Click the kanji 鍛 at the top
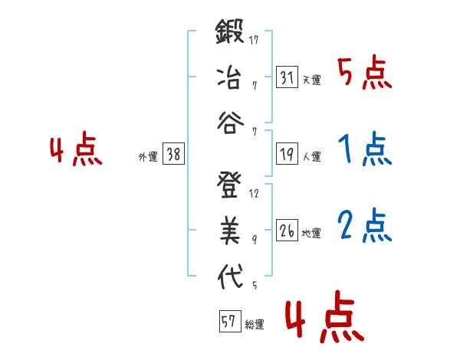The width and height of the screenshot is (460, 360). [x=229, y=35]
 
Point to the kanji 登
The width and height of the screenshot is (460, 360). [x=229, y=187]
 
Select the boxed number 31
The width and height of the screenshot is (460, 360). [x=287, y=77]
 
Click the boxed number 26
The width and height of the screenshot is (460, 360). [x=287, y=231]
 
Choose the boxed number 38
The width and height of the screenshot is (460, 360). [x=173, y=155]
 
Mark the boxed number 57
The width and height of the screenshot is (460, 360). [x=228, y=322]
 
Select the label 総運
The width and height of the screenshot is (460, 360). [x=254, y=324]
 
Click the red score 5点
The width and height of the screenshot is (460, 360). [x=364, y=74]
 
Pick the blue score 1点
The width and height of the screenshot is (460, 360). [x=364, y=150]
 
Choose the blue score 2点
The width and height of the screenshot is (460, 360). [x=364, y=225]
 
